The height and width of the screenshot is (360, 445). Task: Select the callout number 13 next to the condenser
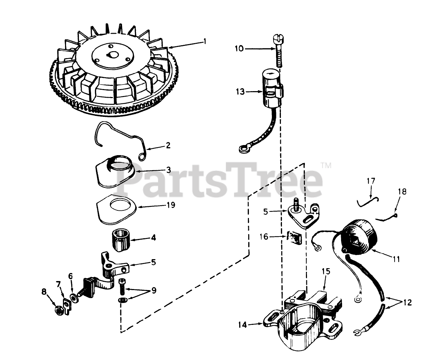coord(240,91)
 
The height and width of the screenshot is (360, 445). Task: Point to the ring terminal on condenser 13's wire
coord(242,149)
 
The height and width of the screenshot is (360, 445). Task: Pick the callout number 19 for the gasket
coord(171,205)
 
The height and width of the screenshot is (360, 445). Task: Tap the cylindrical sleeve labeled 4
coord(122,241)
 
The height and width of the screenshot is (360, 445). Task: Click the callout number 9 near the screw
coord(154,290)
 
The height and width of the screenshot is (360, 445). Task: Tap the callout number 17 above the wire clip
coord(371,181)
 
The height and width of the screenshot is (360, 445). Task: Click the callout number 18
coord(402,192)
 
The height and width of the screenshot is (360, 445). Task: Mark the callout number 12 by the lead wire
coord(407,302)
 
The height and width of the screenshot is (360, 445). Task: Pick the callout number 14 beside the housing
coord(242,325)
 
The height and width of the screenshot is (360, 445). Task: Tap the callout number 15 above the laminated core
coord(326,271)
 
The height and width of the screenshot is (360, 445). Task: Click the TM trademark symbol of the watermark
coord(326,166)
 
